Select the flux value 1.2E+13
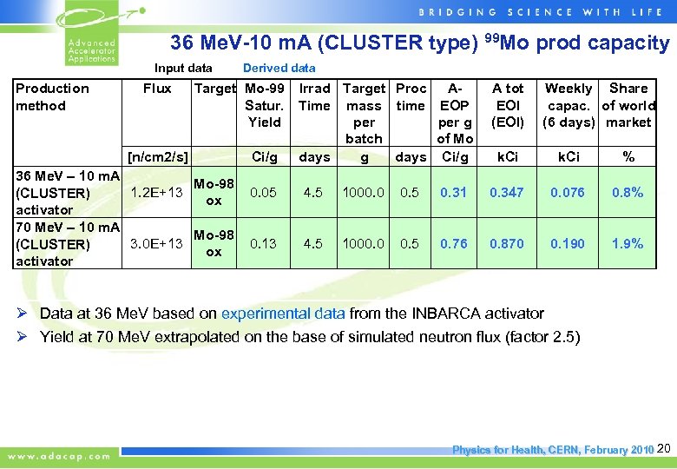click(x=156, y=193)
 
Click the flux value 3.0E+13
click(x=156, y=244)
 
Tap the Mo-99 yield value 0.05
click(x=264, y=193)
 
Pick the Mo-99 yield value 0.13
click(x=264, y=244)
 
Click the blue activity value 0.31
click(x=454, y=193)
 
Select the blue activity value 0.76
click(x=454, y=244)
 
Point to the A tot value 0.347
click(x=507, y=193)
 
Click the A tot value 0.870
click(x=507, y=244)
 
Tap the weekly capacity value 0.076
click(x=568, y=193)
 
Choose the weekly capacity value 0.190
click(x=568, y=244)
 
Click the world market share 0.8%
click(x=628, y=193)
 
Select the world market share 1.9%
click(x=628, y=244)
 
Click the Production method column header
click(x=52, y=96)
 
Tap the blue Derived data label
click(x=279, y=68)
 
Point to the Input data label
click(x=183, y=68)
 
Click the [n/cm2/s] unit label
click(x=157, y=157)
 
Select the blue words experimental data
click(x=283, y=314)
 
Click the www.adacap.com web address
click(x=60, y=455)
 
